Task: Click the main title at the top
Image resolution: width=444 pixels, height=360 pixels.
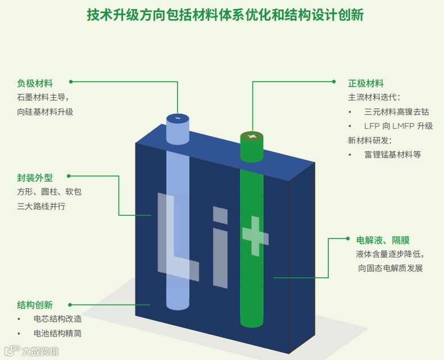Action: coord(225,15)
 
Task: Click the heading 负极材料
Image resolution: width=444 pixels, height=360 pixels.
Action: coord(35,83)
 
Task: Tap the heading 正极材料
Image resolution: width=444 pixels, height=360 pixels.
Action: coord(366,83)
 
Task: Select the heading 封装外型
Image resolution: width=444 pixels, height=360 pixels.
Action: coord(35,178)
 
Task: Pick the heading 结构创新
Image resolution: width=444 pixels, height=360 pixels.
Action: coord(35,305)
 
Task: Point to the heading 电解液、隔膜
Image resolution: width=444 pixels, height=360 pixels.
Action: coord(383,240)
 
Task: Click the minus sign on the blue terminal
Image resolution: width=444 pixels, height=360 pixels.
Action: coord(178,118)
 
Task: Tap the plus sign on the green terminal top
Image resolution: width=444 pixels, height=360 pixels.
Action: coord(252,137)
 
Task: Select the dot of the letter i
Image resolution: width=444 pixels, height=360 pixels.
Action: coord(220,215)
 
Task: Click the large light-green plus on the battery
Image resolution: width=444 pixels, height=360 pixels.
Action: coord(255,236)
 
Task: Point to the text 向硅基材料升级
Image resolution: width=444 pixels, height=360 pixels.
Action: coord(45,112)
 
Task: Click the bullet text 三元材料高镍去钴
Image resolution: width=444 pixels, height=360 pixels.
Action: coord(396,112)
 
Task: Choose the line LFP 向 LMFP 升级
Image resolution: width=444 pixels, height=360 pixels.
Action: coord(398,126)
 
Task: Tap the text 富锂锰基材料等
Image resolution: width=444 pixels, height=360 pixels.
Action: coord(392,155)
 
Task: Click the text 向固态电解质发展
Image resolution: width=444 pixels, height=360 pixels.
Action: coord(390,268)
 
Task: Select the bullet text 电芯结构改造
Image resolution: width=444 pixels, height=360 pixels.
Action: coord(57,319)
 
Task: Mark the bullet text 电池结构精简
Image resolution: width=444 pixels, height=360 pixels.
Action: coord(57,334)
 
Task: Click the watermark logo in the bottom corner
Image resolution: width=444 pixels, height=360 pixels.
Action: coord(31,351)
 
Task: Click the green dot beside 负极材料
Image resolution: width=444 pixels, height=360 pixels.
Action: coord(71,82)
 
